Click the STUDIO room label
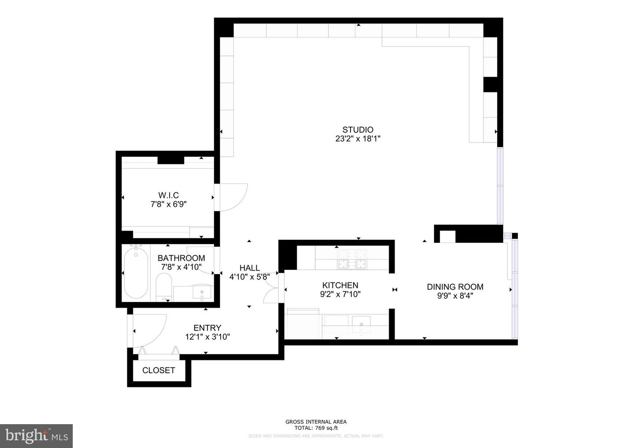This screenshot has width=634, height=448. coord(358,129)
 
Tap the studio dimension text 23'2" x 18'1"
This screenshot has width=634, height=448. coord(358,139)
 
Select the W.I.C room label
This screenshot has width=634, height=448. coord(169,195)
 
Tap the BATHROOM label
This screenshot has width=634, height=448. coord(181,258)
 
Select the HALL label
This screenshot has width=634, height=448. coord(250,268)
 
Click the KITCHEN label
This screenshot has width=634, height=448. coord(340,285)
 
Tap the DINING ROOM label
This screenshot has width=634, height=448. coord(455,286)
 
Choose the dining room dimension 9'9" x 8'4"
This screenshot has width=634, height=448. coord(455,296)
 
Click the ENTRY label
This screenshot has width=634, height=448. coord(207,327)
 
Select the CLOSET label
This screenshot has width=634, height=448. coord(158,370)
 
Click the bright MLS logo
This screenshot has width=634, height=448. coord(37,436)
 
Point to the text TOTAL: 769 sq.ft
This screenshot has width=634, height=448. coord(316,428)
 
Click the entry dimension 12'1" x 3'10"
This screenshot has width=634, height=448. coord(207,337)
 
